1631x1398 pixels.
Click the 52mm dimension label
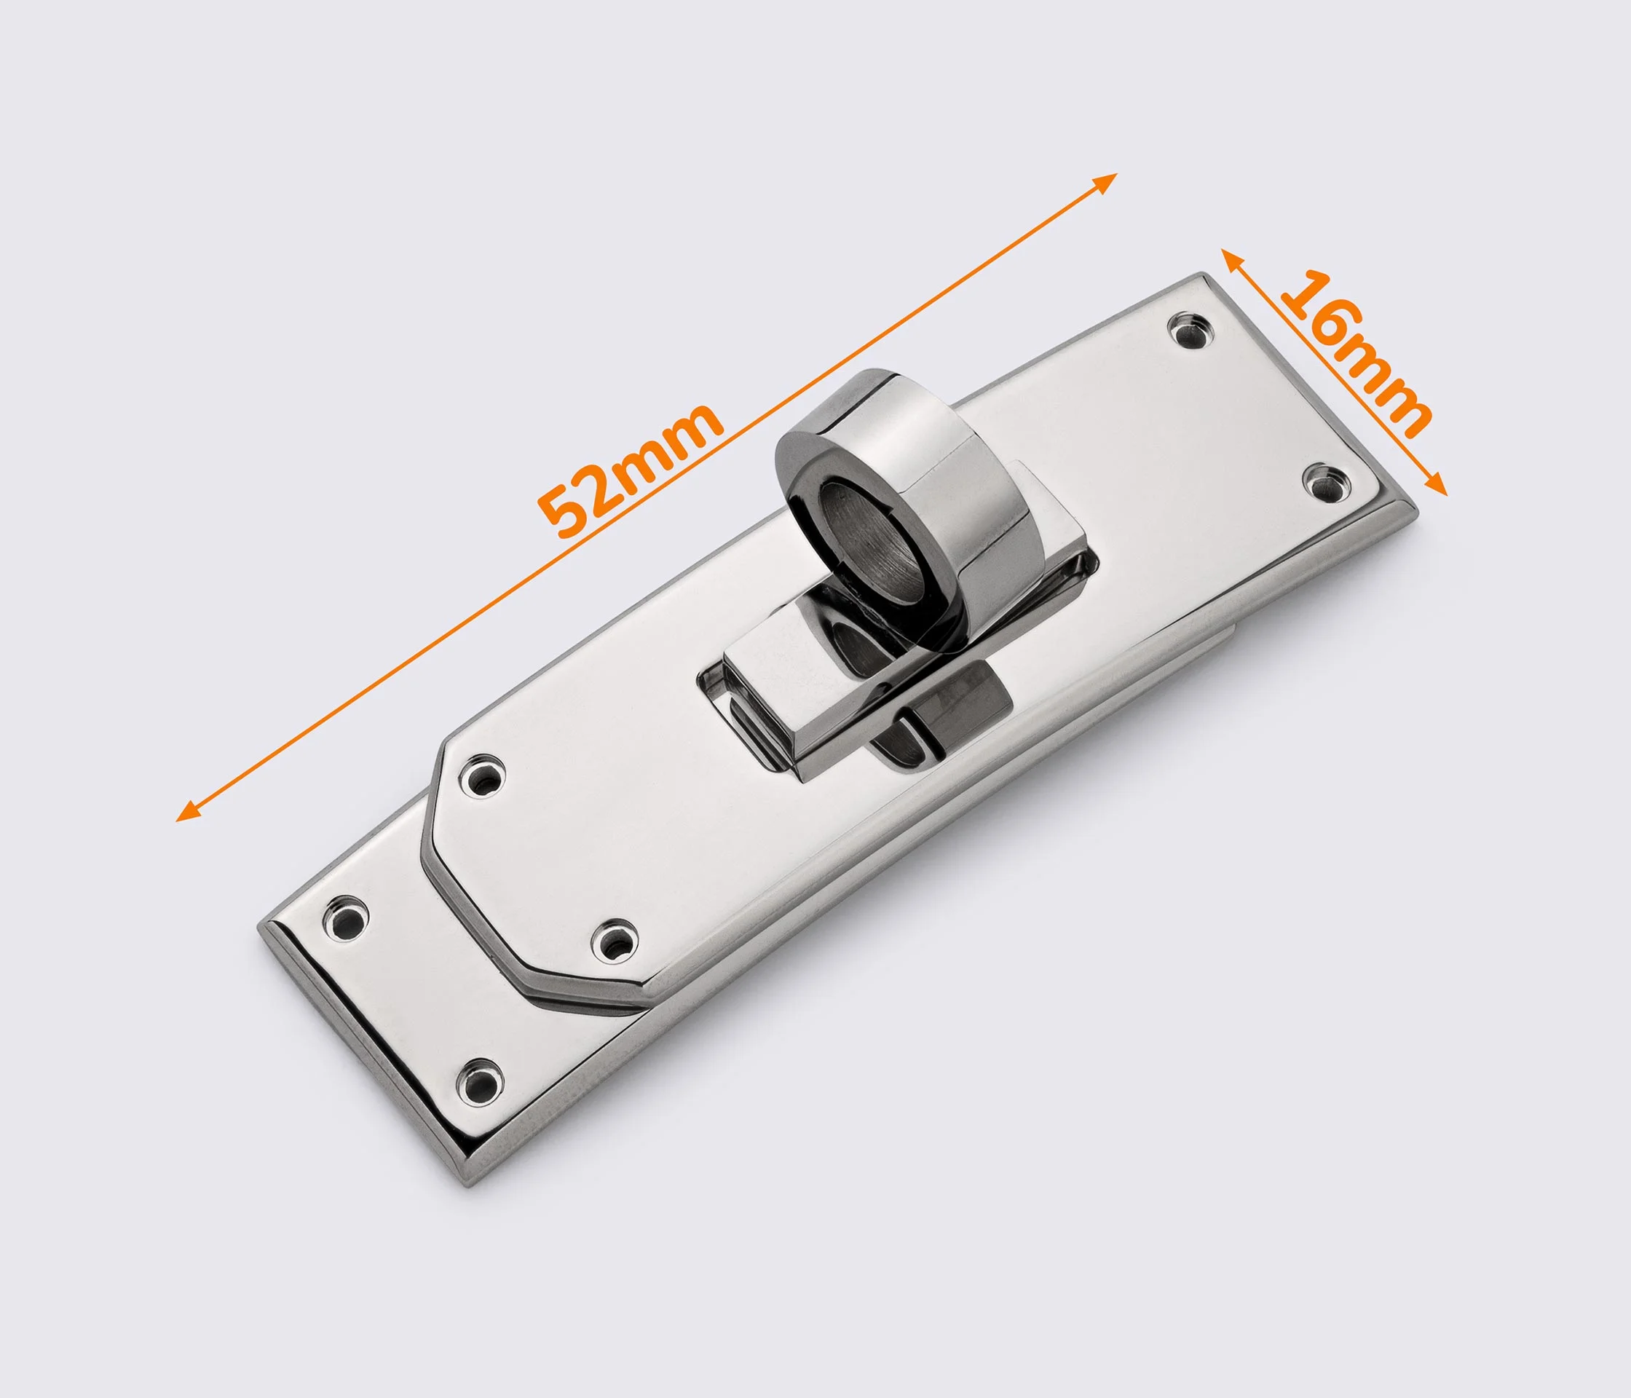pos(630,470)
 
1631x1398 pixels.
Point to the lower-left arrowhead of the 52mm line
pos(187,811)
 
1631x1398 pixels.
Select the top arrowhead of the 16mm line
pos(1232,259)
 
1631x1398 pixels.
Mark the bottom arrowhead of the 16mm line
pos(1437,484)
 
